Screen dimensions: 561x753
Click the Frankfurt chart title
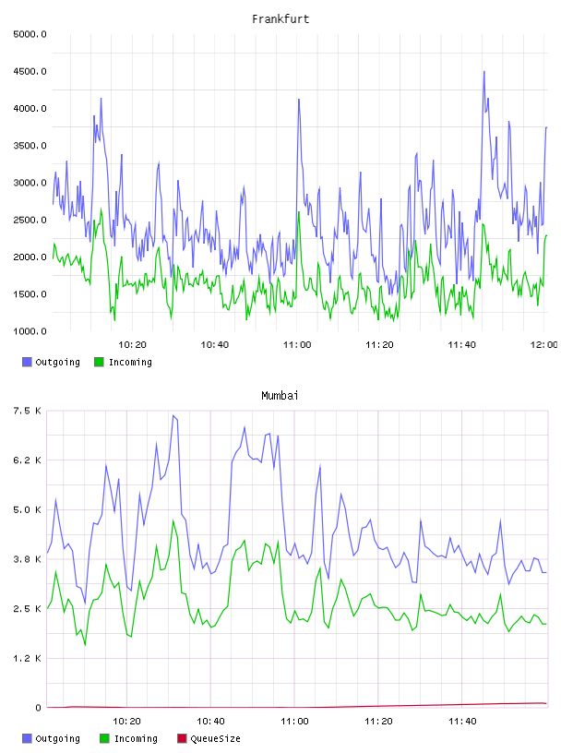click(280, 18)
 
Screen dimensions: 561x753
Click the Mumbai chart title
click(280, 395)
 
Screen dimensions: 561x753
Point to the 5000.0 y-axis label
click(30, 34)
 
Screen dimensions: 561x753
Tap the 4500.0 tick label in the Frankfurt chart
click(30, 72)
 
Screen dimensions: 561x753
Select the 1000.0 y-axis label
click(30, 331)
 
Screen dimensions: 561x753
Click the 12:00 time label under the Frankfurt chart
click(544, 344)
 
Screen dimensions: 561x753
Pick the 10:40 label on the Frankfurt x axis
click(215, 344)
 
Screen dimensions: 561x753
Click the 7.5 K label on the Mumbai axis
click(27, 411)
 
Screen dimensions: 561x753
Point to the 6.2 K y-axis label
click(27, 460)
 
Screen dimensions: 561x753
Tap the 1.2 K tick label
click(27, 658)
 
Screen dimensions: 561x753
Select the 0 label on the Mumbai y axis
click(39, 708)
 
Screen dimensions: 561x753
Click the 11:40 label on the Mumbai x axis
click(462, 721)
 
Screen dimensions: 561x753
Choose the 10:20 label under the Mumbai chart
click(126, 721)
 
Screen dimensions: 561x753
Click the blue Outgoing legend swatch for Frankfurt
click(27, 362)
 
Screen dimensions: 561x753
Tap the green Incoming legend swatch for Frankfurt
click(99, 362)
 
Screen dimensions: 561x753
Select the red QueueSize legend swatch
click(182, 738)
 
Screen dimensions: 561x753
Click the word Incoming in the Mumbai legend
click(136, 738)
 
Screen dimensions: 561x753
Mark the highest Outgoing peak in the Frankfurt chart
click(484, 72)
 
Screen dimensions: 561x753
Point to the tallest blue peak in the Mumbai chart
click(173, 415)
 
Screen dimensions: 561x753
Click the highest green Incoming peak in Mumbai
click(173, 520)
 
